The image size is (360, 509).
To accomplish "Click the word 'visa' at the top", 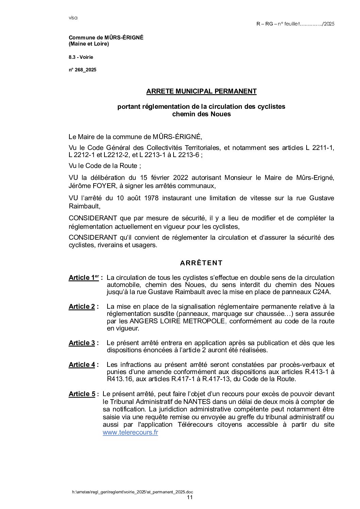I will coord(73,18).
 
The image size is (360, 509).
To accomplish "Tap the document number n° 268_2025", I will coord(83,70).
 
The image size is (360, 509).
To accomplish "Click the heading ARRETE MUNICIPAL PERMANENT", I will coord(201,91).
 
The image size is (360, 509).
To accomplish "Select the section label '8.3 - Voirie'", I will coord(81,57).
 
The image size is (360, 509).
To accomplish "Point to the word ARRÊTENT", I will coord(201,263).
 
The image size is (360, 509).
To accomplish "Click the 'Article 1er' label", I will coord(84,278).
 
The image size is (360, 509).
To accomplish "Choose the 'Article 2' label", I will coord(82,306).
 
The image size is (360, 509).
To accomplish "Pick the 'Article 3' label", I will coord(82,343).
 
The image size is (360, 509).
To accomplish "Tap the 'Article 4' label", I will coord(82,364).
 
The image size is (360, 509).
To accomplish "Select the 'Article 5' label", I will coord(82,394).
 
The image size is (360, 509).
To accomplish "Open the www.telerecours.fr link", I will coord(130,432).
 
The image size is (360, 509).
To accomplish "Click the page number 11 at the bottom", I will coord(190,497).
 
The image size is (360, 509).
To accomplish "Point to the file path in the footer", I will coord(133,492).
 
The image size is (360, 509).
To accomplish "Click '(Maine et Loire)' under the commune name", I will coord(89,44).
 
